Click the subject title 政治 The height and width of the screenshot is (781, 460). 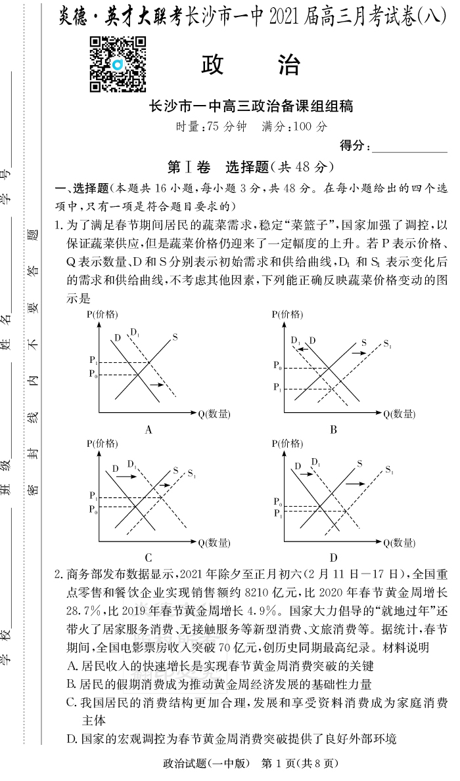pos(251,66)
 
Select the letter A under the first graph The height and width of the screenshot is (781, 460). pos(149,430)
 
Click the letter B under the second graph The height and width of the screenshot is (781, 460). pos(334,430)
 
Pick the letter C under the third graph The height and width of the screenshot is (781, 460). pos(149,558)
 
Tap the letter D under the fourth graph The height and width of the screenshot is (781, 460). pos(334,558)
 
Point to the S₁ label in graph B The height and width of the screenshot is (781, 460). pos(387,344)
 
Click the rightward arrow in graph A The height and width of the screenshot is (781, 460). pos(156,384)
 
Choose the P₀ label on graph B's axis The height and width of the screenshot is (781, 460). pos(278,365)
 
